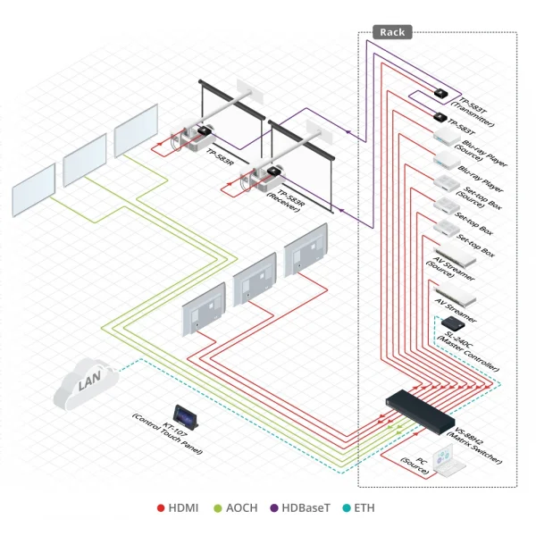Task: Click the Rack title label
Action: click(391, 32)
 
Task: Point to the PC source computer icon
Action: click(444, 459)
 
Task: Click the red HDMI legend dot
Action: click(161, 508)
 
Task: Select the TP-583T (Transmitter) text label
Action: click(476, 111)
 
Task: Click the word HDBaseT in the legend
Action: click(305, 508)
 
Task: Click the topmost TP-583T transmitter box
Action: click(440, 92)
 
